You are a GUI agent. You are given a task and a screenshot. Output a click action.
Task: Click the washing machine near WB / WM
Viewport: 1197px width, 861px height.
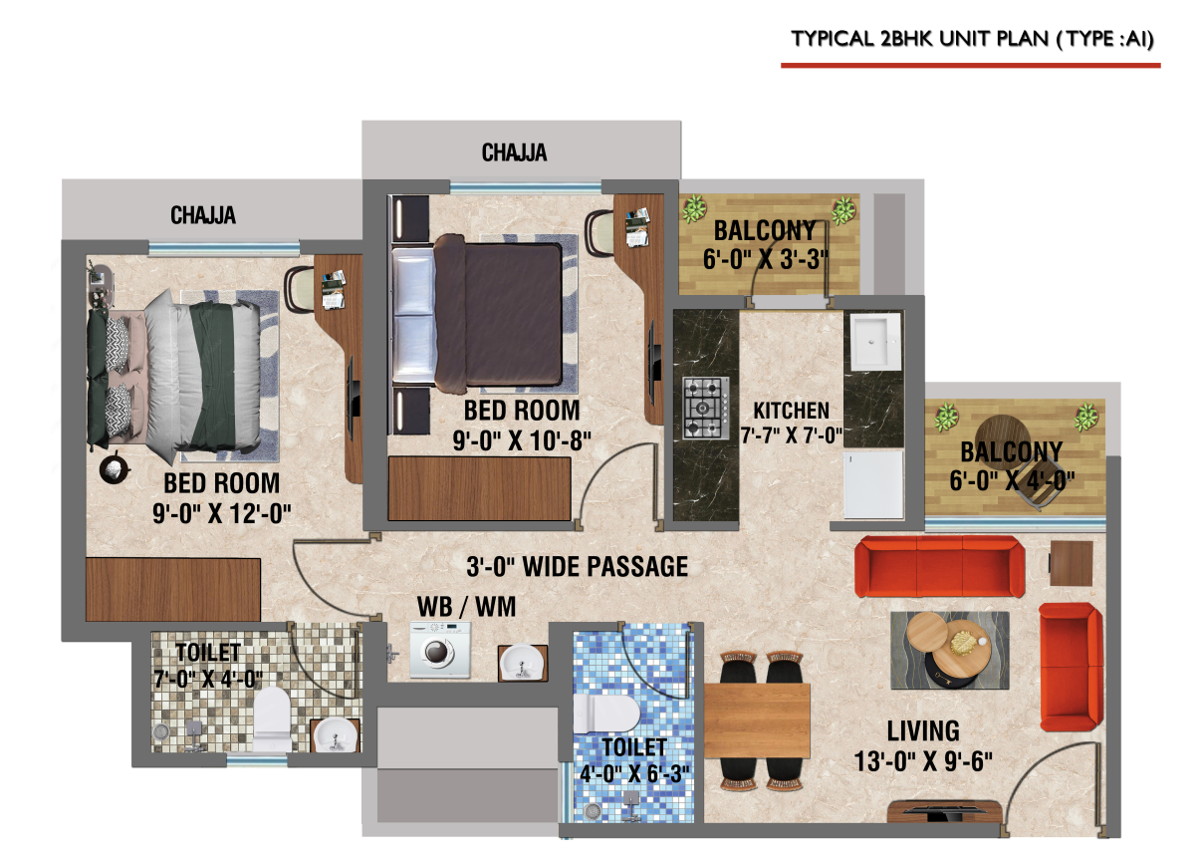point(440,649)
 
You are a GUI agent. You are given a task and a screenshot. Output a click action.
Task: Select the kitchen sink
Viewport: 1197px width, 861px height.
point(875,342)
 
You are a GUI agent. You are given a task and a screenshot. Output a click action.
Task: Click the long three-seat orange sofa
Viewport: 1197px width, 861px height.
point(939,566)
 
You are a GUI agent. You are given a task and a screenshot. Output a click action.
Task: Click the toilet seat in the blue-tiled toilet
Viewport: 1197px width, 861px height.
point(606,714)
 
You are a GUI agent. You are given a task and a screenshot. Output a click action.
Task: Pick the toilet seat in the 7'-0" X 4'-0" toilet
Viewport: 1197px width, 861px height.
point(272,719)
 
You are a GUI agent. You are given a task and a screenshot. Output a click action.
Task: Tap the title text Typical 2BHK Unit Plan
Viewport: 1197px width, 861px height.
point(972,39)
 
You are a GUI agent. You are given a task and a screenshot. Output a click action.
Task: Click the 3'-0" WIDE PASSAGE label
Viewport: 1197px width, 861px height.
point(578,567)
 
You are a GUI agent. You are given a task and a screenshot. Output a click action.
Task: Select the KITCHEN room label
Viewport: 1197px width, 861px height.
point(792,411)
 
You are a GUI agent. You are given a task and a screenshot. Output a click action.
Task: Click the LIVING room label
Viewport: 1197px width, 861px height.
point(923,731)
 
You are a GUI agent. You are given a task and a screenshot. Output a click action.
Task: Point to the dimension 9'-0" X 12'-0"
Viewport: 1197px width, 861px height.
point(222,514)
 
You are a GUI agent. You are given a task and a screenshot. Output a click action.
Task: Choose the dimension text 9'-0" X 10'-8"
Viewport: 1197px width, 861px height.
point(522,441)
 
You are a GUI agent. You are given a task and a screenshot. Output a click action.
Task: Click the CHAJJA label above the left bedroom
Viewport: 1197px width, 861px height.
point(203,215)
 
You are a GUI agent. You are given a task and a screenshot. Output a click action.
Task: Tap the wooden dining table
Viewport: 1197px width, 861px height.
point(757,720)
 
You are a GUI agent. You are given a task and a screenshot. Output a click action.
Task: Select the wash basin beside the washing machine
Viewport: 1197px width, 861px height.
point(523,663)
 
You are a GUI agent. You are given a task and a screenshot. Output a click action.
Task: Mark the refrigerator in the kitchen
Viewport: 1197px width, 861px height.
point(873,484)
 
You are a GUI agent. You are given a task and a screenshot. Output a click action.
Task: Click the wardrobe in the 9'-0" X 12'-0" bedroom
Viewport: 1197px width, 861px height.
point(173,590)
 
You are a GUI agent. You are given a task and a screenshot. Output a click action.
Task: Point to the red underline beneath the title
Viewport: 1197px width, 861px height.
point(970,66)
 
